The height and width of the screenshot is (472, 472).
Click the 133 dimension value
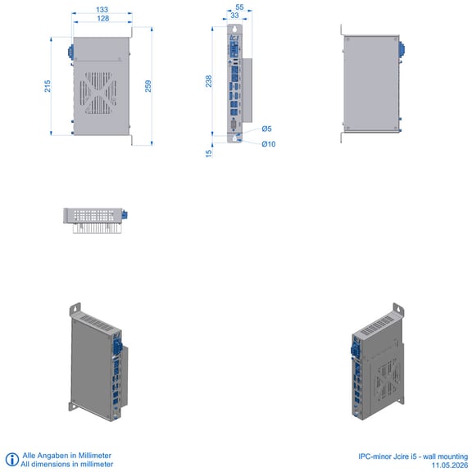[102, 10]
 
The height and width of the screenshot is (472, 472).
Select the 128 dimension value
[103, 19]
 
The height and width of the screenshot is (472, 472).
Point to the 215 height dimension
[48, 86]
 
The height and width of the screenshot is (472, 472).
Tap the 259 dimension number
[148, 86]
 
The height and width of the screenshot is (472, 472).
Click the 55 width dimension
[239, 7]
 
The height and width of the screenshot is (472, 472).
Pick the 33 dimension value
[234, 15]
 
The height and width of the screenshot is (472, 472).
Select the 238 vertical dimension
[209, 81]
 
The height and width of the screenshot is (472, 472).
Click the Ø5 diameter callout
[266, 129]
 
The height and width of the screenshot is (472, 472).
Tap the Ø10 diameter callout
[269, 144]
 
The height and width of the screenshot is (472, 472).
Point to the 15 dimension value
[209, 153]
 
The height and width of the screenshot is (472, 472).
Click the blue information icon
[12, 460]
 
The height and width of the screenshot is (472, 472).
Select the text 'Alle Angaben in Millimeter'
[67, 456]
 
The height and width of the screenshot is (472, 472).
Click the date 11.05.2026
[450, 465]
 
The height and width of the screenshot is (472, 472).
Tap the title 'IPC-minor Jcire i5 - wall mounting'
[413, 456]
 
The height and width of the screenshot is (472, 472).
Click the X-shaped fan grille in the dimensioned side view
[98, 93]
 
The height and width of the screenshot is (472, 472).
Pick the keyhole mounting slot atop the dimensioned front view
[235, 29]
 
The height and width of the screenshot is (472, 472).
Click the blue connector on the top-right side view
[402, 50]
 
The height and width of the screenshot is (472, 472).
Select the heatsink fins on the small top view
[98, 228]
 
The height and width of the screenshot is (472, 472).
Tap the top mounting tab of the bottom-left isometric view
[75, 310]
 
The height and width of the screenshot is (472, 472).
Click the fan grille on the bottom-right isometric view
[386, 380]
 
